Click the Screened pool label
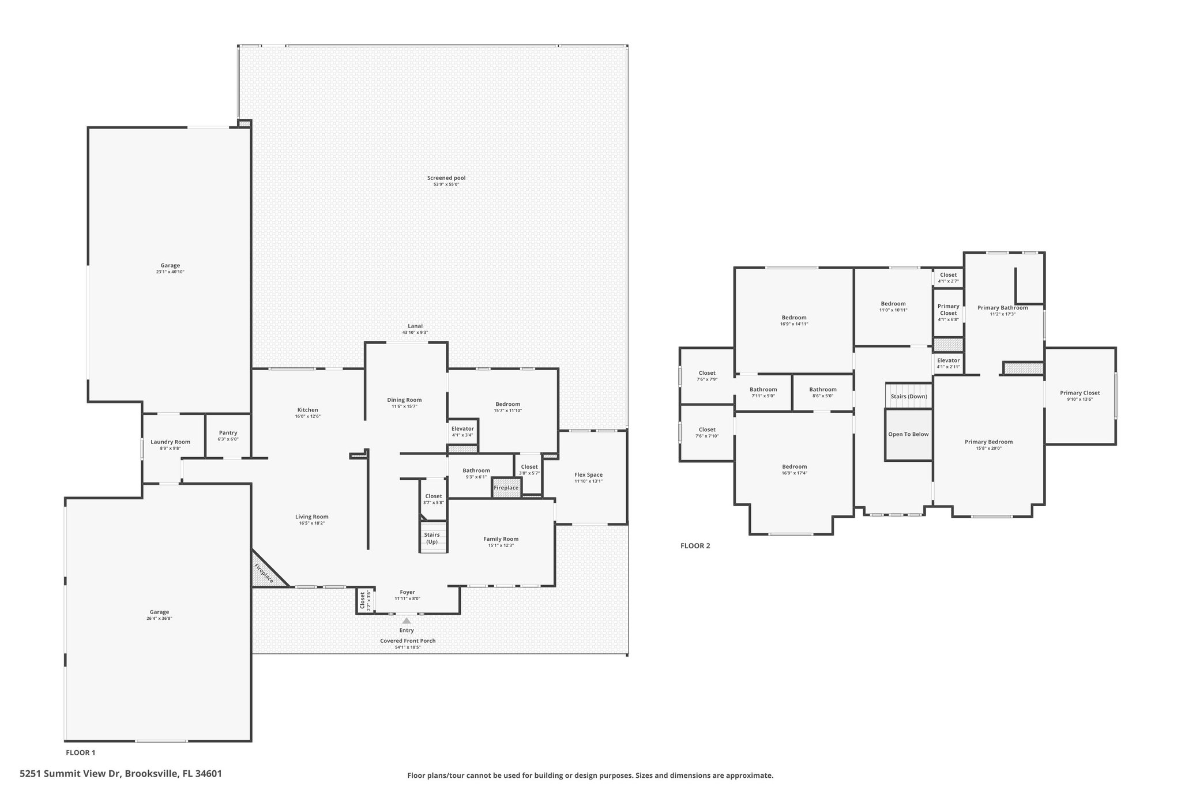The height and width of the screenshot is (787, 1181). coord(446,178)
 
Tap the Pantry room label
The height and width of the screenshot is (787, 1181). coord(228,433)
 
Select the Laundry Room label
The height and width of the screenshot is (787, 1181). coord(170,442)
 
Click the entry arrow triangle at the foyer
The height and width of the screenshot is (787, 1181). coord(407,621)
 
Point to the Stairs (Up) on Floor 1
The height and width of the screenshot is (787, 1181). coord(432,539)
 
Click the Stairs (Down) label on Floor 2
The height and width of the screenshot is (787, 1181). coord(909,396)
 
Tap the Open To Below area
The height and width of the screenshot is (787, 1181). coord(908,435)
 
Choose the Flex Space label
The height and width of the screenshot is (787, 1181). coord(588,475)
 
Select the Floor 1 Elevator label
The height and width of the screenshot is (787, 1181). coord(462,429)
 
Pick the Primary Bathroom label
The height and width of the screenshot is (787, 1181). coord(1003,308)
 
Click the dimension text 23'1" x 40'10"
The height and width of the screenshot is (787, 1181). coord(170,272)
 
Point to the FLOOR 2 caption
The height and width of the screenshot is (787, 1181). coord(695,546)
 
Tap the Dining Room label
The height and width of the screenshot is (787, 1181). coord(404,400)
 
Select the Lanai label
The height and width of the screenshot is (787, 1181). coord(415,326)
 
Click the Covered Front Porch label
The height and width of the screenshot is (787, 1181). coord(408,641)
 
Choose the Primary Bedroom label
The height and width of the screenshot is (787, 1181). coord(988,442)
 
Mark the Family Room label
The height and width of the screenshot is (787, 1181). coord(501,539)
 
